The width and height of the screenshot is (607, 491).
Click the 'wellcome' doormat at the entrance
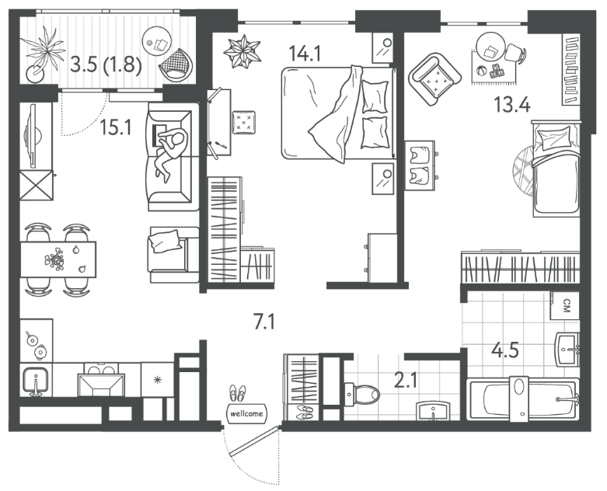246,413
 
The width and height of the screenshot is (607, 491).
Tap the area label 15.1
116,127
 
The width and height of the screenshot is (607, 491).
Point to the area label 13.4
512,104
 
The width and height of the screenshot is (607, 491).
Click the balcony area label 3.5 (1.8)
106,64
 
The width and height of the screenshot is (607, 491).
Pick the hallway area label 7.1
264,321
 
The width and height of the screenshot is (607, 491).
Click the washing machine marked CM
566,305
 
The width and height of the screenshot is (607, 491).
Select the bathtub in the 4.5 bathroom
523,399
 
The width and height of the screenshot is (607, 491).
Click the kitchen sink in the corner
36,381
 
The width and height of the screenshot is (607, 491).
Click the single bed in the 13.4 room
556,169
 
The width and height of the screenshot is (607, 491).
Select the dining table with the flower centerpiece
58,259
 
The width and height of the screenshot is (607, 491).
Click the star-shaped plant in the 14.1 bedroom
242,51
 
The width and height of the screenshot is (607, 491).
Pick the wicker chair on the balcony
176,64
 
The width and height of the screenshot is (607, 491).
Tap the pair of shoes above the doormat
237,393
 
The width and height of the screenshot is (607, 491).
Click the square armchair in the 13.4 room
434,79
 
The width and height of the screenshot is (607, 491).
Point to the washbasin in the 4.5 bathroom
567,349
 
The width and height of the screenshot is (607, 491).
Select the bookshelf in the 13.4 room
571,70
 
